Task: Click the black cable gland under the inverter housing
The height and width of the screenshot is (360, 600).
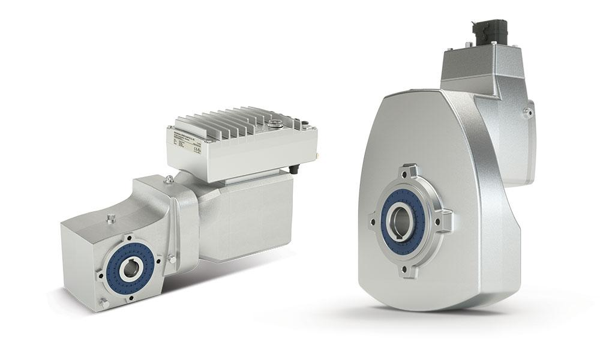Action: [x=295, y=170]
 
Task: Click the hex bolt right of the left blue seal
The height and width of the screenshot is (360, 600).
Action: [x=172, y=259]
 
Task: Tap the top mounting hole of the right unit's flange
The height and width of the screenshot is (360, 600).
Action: [x=411, y=173]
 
